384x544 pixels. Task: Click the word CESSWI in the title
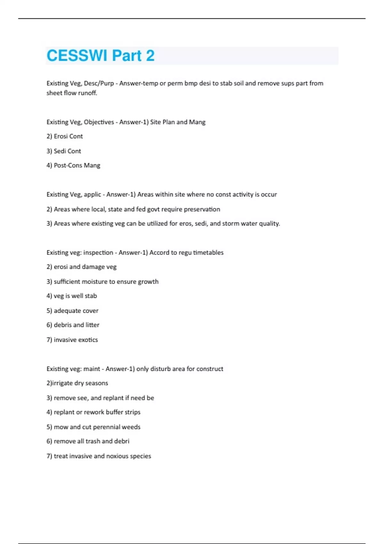coord(77,56)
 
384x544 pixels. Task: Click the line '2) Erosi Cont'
coord(65,136)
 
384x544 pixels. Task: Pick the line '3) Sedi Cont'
coord(64,151)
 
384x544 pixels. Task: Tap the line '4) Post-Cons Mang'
coord(73,165)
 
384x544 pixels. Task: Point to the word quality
coord(269,223)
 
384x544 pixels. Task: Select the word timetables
coord(208,252)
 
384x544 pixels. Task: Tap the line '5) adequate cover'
coord(72,311)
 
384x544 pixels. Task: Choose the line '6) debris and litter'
coord(73,325)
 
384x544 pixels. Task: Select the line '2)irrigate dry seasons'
coord(77,383)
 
